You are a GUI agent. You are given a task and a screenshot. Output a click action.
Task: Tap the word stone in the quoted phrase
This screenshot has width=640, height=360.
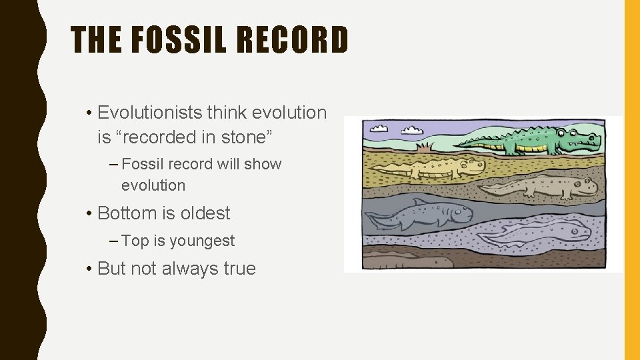point(244,137)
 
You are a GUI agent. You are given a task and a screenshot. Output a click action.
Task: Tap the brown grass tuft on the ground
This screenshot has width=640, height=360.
point(423,146)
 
